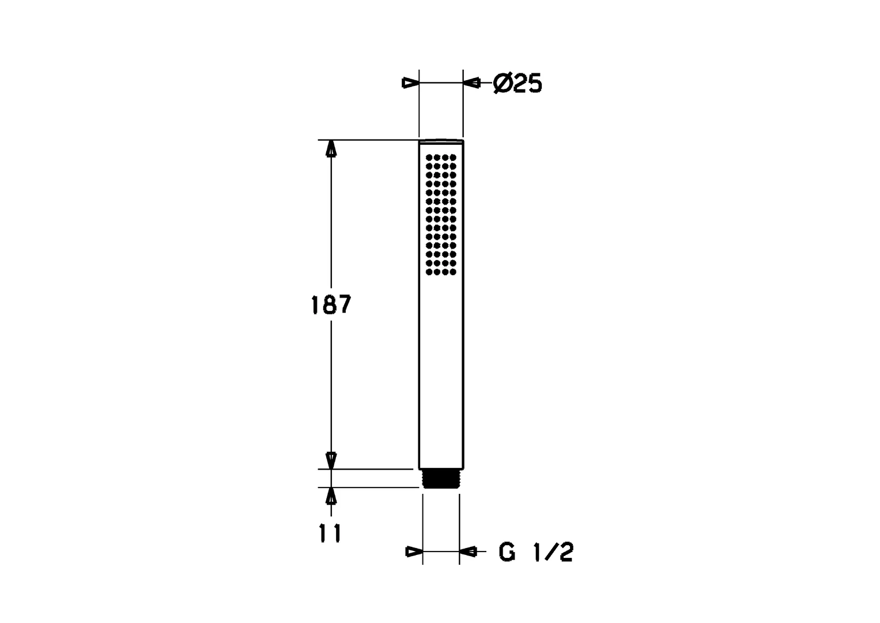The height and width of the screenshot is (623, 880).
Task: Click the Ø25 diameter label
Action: point(518,84)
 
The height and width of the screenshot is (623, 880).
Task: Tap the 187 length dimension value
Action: point(331,305)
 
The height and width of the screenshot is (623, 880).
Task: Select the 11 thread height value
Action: point(330,534)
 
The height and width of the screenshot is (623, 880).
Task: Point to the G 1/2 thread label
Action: point(536,552)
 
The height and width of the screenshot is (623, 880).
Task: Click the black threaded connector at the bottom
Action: point(441,479)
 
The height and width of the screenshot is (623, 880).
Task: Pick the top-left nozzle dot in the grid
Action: point(429,157)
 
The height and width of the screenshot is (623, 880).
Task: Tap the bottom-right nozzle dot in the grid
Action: point(453,272)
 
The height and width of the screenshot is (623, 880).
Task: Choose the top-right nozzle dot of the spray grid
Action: point(453,157)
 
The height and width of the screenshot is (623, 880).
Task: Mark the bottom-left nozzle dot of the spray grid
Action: point(429,272)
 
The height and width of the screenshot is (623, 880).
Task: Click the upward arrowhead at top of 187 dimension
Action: point(331,148)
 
